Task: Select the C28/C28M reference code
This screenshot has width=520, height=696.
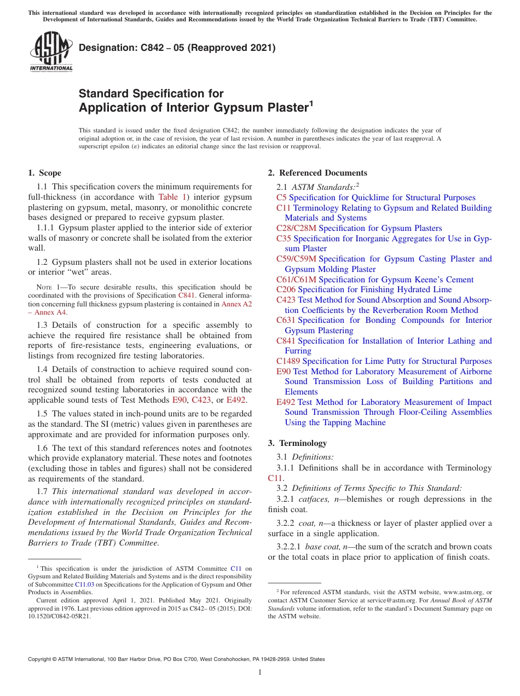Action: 296,228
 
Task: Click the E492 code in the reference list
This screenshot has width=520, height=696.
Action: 286,402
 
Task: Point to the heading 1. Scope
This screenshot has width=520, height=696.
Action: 44,173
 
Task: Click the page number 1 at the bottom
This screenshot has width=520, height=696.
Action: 260,672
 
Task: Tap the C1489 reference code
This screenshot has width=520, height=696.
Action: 288,361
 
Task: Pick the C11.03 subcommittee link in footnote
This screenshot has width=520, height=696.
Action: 84,584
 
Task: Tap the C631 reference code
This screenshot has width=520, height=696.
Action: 286,320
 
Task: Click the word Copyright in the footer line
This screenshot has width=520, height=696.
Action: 41,659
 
